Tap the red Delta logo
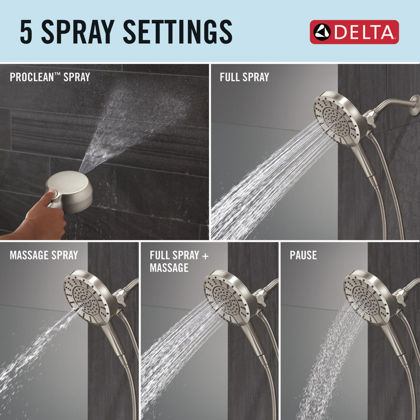click(354, 32)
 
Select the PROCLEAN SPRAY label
click(50, 77)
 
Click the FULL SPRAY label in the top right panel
click(244, 77)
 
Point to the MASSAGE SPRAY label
click(44, 255)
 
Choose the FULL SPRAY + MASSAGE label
click(179, 261)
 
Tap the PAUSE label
click(303, 255)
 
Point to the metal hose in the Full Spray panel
click(393, 189)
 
